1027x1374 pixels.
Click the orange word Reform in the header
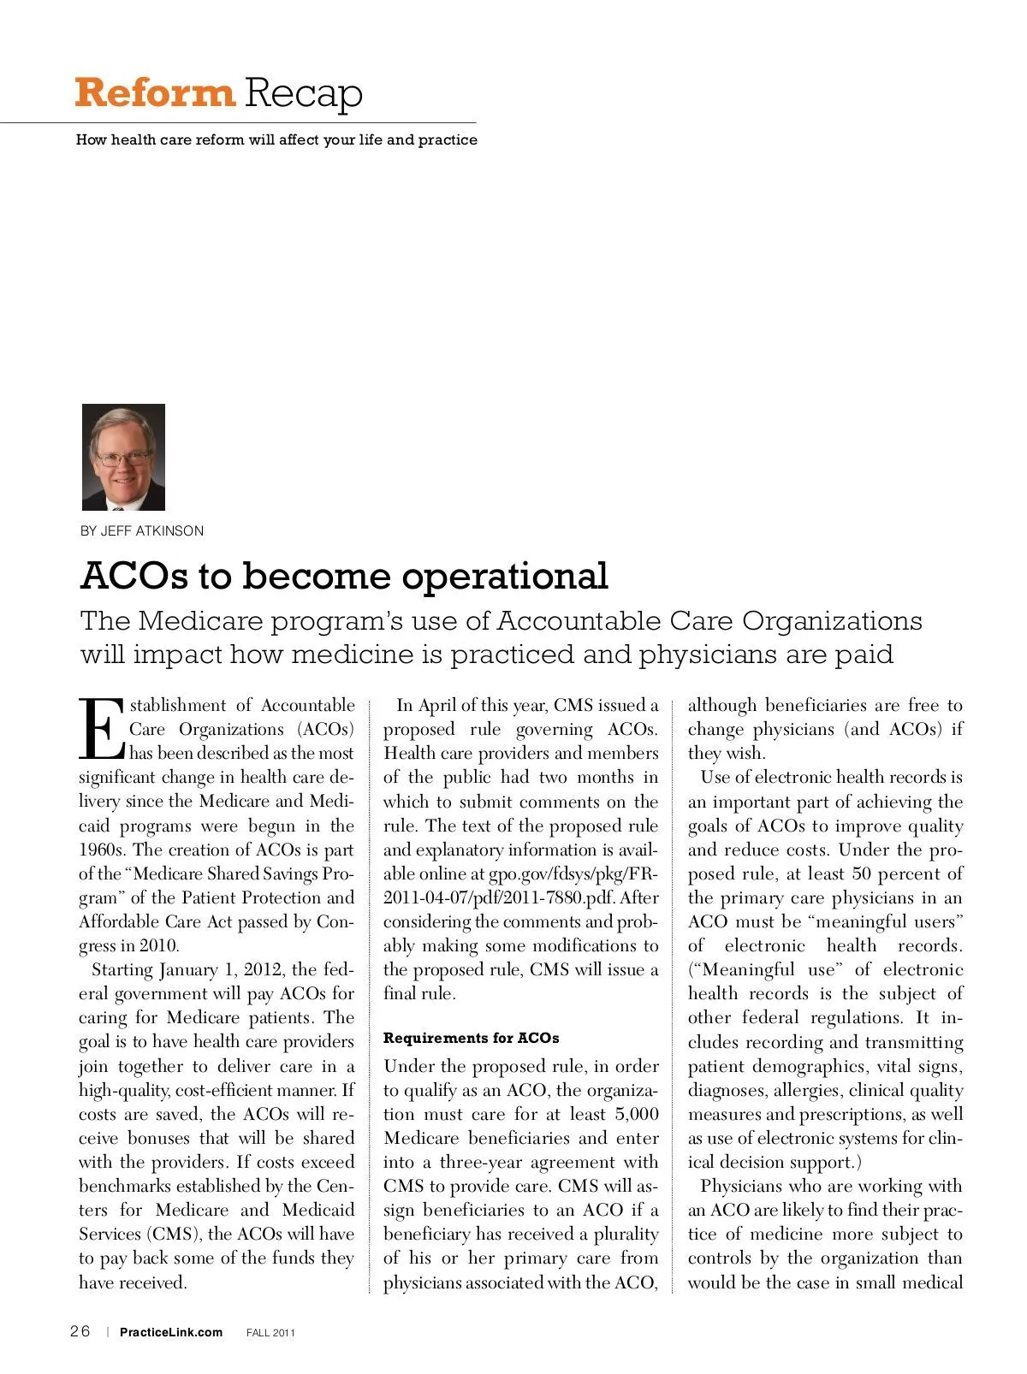point(154,92)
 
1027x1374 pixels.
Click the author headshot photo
point(123,457)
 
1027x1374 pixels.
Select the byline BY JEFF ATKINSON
point(142,530)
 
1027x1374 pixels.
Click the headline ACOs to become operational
point(344,576)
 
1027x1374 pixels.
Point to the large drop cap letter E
point(102,729)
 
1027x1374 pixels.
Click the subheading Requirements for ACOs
point(471,1038)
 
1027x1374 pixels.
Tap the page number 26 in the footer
point(80,1331)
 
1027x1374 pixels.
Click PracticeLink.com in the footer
point(171,1332)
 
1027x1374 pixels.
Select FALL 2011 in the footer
point(270,1333)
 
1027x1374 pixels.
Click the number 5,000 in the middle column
point(636,1114)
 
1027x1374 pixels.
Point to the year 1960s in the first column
point(103,850)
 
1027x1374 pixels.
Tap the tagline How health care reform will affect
point(276,139)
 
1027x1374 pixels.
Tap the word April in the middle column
point(436,705)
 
